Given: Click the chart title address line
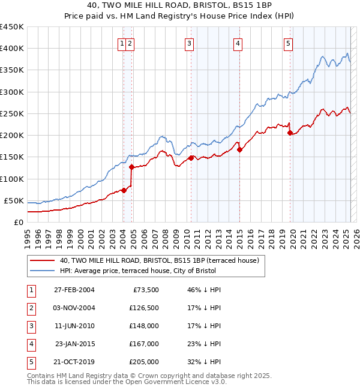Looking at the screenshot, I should (180, 6).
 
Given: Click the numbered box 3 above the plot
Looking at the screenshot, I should (189, 43).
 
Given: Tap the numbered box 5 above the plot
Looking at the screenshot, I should (289, 43).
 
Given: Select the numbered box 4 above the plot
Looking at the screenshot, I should (238, 43).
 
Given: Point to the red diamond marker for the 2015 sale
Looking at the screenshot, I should (239, 150).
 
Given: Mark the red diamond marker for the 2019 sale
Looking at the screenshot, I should (290, 133).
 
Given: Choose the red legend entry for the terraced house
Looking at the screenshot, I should (159, 260).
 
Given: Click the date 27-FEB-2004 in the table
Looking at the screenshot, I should (74, 290).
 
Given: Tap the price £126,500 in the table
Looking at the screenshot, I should (144, 308).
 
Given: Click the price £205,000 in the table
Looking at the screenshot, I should (144, 362).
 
